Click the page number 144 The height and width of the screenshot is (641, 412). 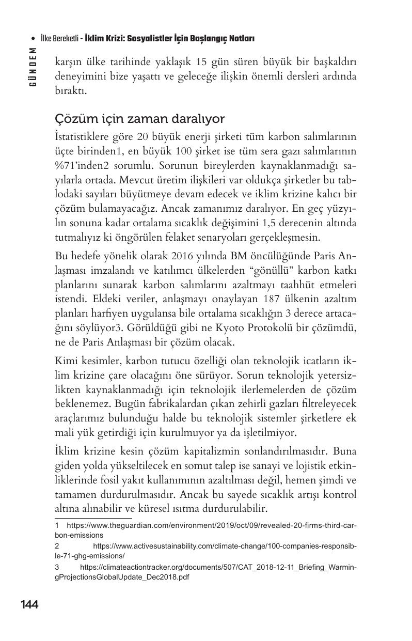pyautogui.click(x=29, y=604)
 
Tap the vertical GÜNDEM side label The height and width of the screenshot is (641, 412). pyautogui.click(x=33, y=67)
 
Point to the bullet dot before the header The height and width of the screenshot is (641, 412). pyautogui.click(x=33, y=39)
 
